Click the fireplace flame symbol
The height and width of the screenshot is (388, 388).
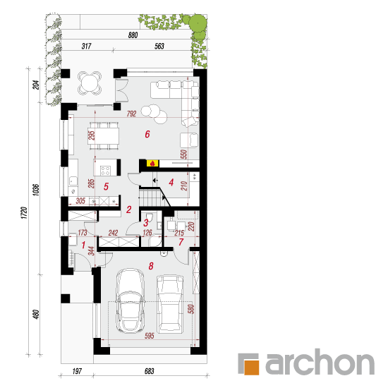pos(152,164)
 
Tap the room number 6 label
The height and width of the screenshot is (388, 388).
pos(147,134)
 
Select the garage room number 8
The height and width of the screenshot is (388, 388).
pos(151,266)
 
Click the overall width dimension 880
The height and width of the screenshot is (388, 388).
pos(133,35)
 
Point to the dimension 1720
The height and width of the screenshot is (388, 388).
pos(24,213)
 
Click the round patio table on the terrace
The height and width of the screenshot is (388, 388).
pos(90,83)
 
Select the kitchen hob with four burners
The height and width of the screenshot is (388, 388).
pos(105,170)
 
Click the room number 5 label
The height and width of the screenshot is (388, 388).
pos(106,186)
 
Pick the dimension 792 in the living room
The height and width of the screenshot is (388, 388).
pos(132,114)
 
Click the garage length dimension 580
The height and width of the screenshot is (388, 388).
pos(191,309)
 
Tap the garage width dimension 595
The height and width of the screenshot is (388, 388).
pos(150,336)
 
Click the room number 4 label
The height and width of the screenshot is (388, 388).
pos(171,183)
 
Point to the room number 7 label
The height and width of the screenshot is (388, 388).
pos(181,242)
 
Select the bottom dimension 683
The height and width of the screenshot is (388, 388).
pos(150,371)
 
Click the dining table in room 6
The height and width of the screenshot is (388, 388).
pos(103,136)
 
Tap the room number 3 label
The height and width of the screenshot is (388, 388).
pos(146,223)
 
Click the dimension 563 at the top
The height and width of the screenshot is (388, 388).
pos(159,46)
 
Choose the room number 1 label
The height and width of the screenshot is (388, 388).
pos(83,245)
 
